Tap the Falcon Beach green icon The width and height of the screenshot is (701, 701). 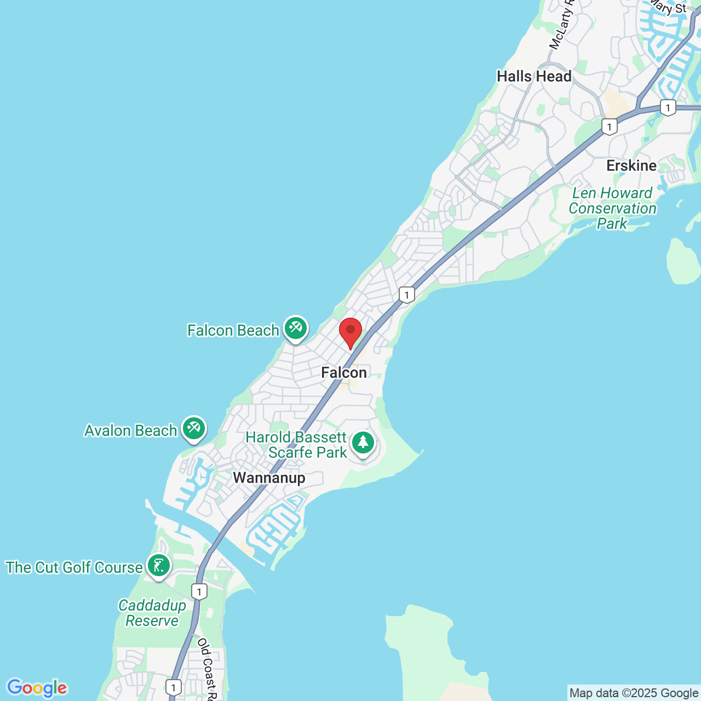296,329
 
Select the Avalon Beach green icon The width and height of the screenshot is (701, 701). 193,428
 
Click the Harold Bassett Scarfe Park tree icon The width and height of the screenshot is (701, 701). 363,443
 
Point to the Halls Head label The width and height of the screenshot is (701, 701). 534,76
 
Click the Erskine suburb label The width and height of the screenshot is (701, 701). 631,165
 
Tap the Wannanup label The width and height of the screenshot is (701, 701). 269,478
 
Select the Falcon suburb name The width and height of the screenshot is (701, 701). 344,372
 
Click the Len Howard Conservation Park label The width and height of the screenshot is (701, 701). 612,208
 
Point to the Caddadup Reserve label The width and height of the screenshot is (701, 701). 152,613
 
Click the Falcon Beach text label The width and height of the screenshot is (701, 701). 233,330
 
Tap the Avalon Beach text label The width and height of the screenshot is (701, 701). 130,430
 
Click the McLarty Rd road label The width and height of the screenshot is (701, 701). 562,25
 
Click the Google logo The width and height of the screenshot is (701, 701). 37,688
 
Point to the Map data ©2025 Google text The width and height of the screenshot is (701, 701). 634,693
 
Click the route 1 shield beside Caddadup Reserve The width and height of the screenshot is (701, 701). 199,591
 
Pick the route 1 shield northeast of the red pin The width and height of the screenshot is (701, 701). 406,295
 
